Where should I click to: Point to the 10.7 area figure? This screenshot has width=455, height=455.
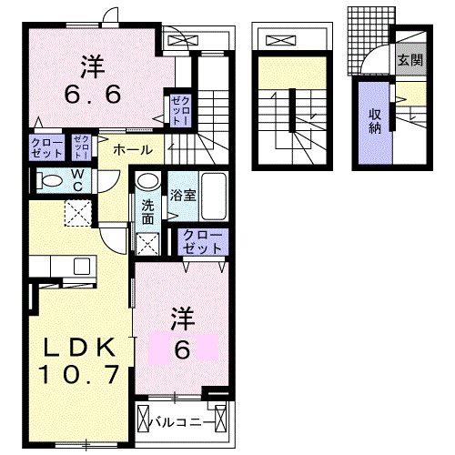pos(76,373)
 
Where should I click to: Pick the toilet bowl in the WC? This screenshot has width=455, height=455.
pos(53,180)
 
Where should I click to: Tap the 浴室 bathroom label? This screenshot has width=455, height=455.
pos(177,195)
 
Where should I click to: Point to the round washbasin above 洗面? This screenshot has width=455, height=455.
pos(147,181)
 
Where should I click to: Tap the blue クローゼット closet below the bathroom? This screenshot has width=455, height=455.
pos(208,241)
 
